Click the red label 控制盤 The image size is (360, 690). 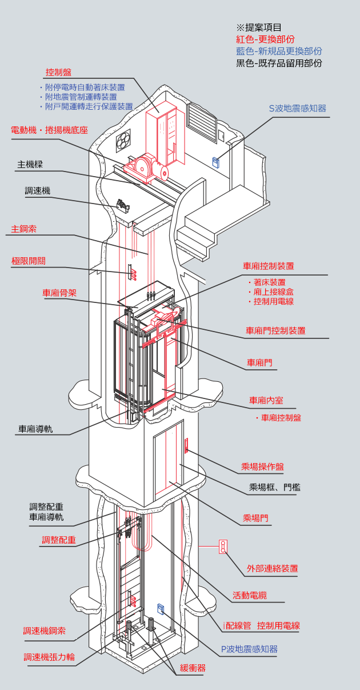(58, 73)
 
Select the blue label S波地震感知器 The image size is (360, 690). (298, 109)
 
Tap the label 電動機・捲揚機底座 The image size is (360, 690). (50, 130)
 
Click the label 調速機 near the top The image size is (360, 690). (37, 191)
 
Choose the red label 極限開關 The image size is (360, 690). (29, 261)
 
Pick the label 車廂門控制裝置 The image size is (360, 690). (275, 330)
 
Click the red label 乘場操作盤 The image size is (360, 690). (263, 467)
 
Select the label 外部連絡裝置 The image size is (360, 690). (273, 569)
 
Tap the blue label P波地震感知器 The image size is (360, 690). (250, 649)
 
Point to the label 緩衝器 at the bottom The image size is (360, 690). (193, 668)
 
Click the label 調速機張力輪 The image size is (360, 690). (49, 657)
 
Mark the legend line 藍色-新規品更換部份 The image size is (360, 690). (279, 51)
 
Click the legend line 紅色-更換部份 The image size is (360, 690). (265, 39)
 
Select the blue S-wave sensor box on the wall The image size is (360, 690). (216, 162)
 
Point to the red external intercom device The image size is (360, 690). (223, 547)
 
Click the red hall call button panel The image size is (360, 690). (186, 445)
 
